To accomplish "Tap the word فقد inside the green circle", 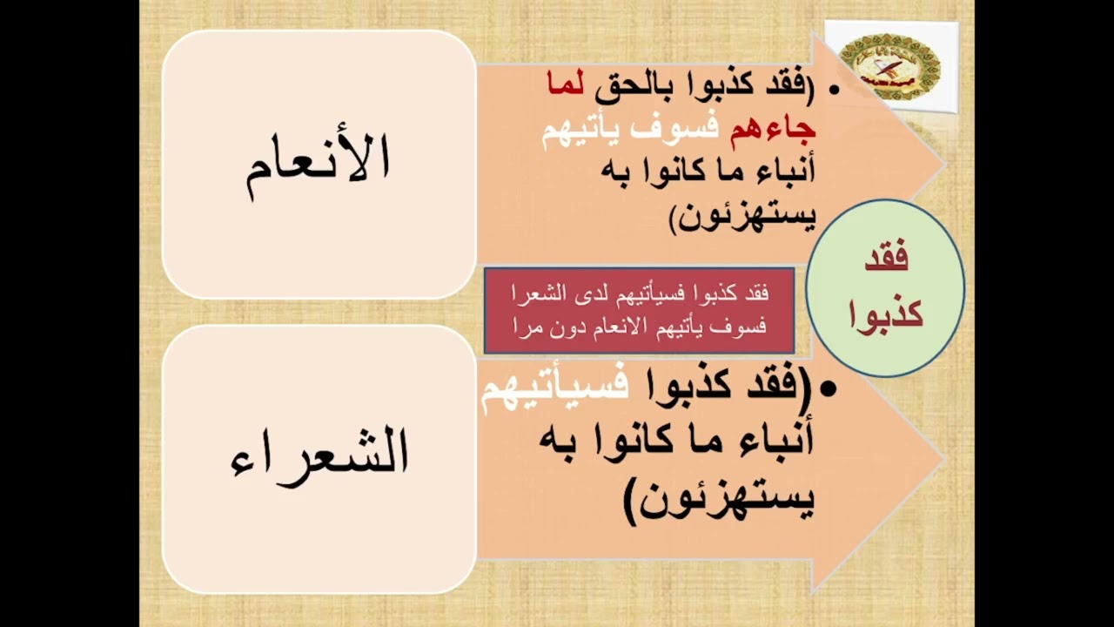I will pyautogui.click(x=887, y=259).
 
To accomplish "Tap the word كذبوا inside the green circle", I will pyautogui.click(x=886, y=311).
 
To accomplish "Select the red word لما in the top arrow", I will pyautogui.click(x=567, y=85).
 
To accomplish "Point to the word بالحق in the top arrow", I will pyautogui.click(x=638, y=85).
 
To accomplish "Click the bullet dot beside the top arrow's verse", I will pyautogui.click(x=834, y=88).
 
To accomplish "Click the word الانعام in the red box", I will pyautogui.click(x=617, y=327).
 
